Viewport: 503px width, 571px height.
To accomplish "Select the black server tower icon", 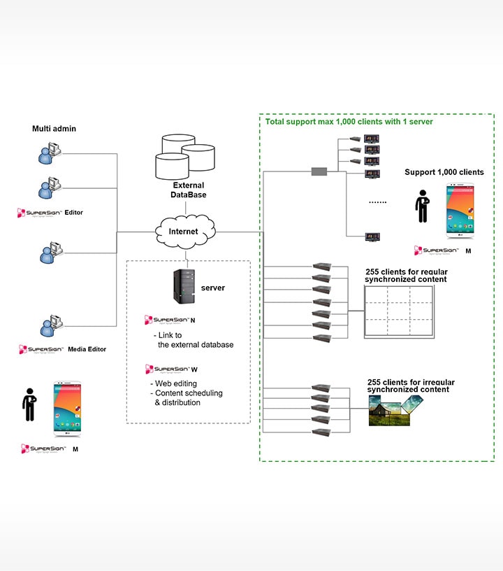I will [184, 287].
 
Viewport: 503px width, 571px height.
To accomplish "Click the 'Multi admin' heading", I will [54, 129].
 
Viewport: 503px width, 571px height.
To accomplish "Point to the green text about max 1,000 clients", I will [349, 122].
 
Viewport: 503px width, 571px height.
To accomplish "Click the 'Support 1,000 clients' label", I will [444, 172].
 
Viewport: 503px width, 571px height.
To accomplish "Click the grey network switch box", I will [319, 171].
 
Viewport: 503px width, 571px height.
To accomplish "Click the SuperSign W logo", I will [168, 369].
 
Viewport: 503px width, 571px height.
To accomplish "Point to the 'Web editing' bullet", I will [176, 383].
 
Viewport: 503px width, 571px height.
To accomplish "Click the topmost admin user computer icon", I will [50, 153].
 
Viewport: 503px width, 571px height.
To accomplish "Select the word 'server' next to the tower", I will [213, 288].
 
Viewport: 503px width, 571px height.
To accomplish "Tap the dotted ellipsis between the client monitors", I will [377, 203].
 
